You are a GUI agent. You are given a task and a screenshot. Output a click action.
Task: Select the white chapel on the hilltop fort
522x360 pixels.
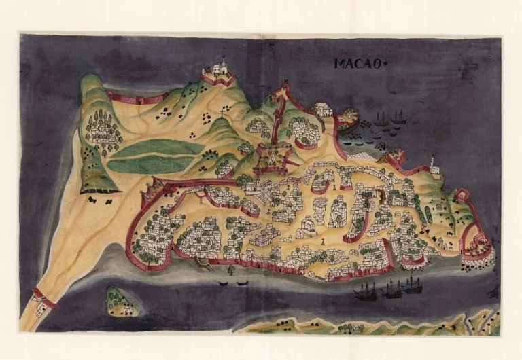pos(219,69)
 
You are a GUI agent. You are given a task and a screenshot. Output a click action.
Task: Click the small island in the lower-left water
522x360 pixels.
pos(120,302)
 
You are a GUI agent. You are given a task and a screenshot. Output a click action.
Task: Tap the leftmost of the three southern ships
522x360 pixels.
pos(366,291)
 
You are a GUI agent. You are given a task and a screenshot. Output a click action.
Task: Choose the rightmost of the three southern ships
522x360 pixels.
pos(412,285)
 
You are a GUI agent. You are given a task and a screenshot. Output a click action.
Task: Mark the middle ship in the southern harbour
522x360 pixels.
pos(391,289)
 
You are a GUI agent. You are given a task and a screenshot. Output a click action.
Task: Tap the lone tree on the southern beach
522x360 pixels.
pos(230,270)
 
